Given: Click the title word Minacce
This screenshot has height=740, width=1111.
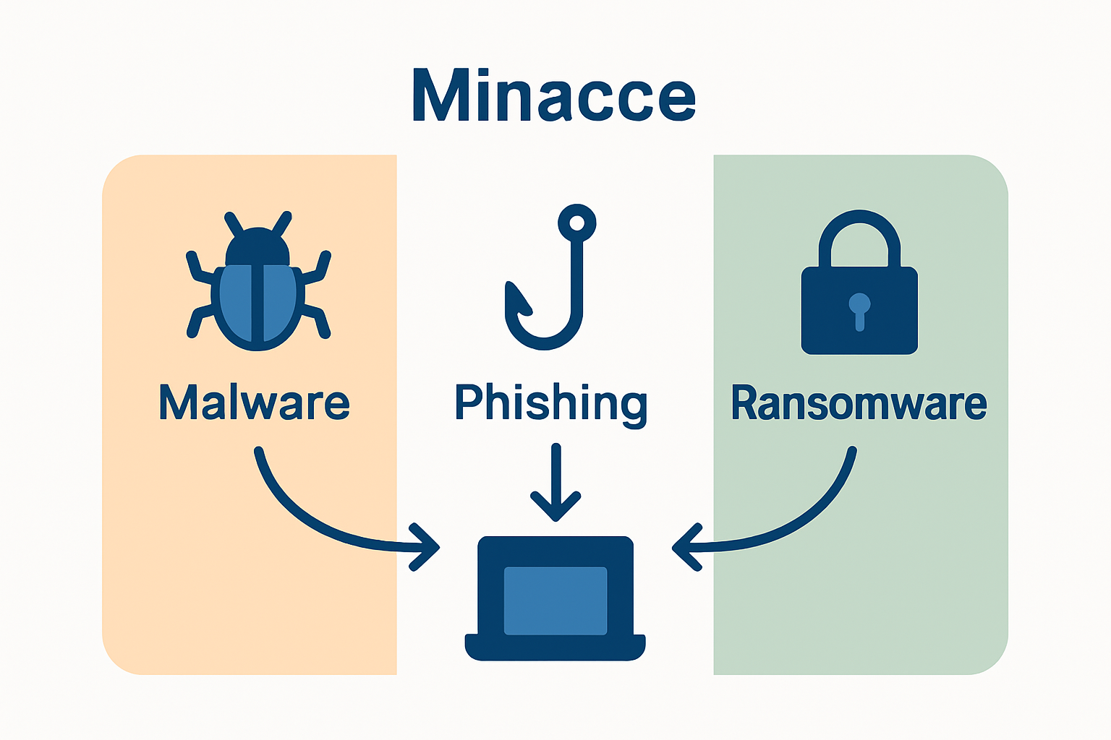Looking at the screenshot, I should (x=554, y=96).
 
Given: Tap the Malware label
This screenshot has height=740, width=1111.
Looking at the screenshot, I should (x=254, y=403).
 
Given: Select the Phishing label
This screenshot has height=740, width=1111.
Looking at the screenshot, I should (x=551, y=403).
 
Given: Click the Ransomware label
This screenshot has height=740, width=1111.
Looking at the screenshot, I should (x=859, y=403).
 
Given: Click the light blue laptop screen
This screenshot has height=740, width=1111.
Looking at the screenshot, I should (x=555, y=601).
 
